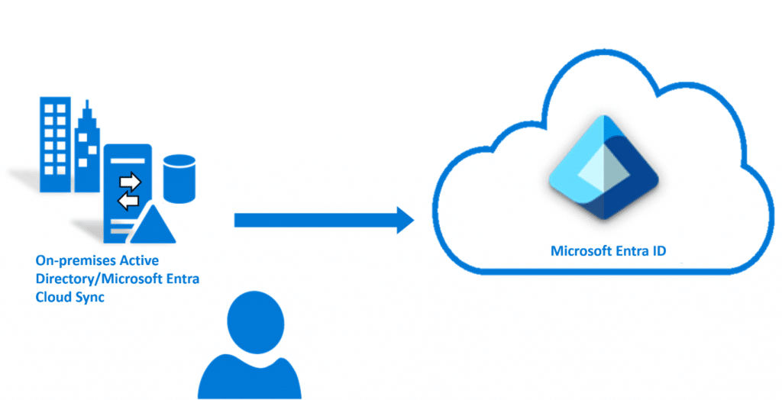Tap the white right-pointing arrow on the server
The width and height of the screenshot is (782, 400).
pyautogui.click(x=130, y=182)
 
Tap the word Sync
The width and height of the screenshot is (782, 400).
pyautogui.click(x=89, y=298)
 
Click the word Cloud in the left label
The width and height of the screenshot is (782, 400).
pyautogui.click(x=54, y=298)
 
